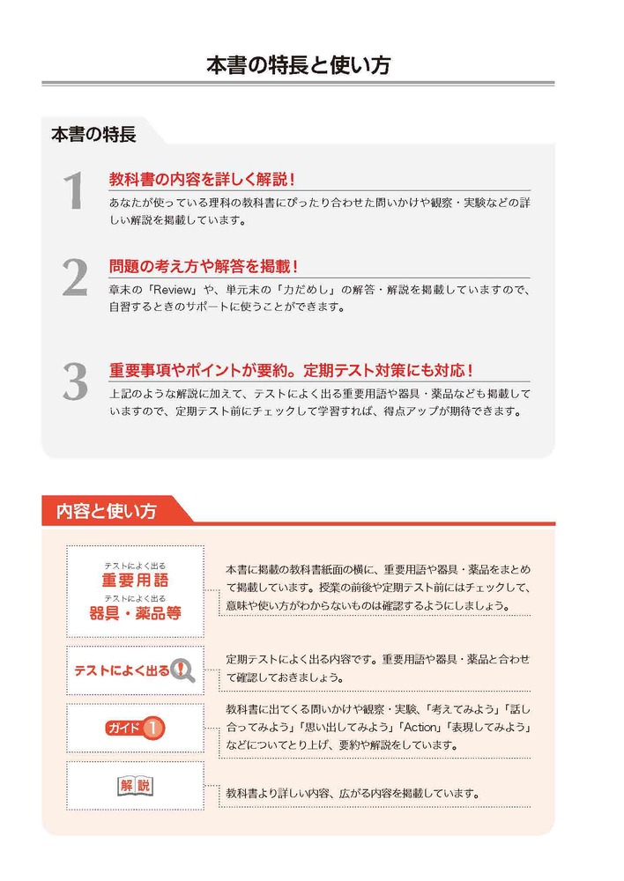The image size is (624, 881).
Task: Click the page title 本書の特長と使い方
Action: [x=298, y=65]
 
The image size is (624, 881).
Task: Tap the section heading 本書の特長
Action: [x=93, y=135]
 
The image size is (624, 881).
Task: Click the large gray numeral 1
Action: [x=75, y=191]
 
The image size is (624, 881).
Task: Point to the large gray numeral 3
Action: [x=75, y=381]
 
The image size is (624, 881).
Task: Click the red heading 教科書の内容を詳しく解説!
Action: [x=202, y=179]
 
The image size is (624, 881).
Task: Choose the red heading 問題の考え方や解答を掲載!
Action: [x=204, y=266]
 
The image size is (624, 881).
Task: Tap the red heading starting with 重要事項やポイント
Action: [x=291, y=370]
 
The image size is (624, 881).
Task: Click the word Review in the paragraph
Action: [x=175, y=290]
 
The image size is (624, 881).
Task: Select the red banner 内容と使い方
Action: [x=107, y=511]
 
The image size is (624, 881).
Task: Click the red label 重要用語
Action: [x=135, y=580]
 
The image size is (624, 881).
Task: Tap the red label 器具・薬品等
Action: [x=135, y=612]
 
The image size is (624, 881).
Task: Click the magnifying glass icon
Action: [x=182, y=670]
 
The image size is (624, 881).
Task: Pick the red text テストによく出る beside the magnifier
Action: [x=122, y=670]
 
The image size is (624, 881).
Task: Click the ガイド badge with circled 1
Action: [x=135, y=729]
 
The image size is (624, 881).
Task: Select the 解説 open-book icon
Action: [x=135, y=785]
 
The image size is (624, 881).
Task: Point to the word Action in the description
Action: [x=420, y=727]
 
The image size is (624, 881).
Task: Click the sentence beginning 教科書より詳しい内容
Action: [x=353, y=794]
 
